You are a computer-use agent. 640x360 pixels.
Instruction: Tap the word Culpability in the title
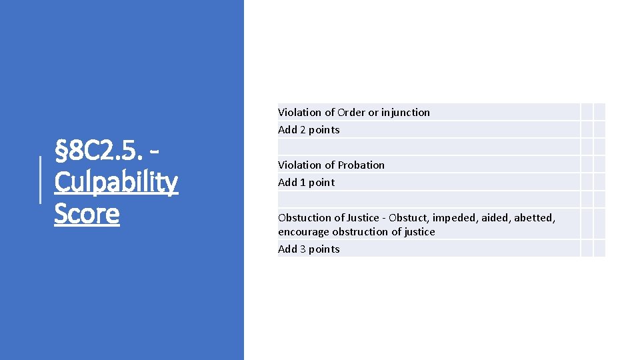coord(116,182)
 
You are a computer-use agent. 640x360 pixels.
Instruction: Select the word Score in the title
coord(87,213)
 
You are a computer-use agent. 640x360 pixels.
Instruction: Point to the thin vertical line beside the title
coord(41,180)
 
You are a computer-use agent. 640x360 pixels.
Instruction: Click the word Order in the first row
coord(351,112)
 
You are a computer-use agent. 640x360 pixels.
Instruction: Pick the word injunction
coord(405,112)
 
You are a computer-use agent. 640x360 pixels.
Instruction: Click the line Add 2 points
coord(309,129)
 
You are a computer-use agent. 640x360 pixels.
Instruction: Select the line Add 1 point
coord(306,182)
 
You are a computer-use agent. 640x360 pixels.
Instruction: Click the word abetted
coord(534,217)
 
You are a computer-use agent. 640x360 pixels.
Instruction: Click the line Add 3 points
coord(309,249)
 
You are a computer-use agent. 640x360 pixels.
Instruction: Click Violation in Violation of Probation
coord(299,165)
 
